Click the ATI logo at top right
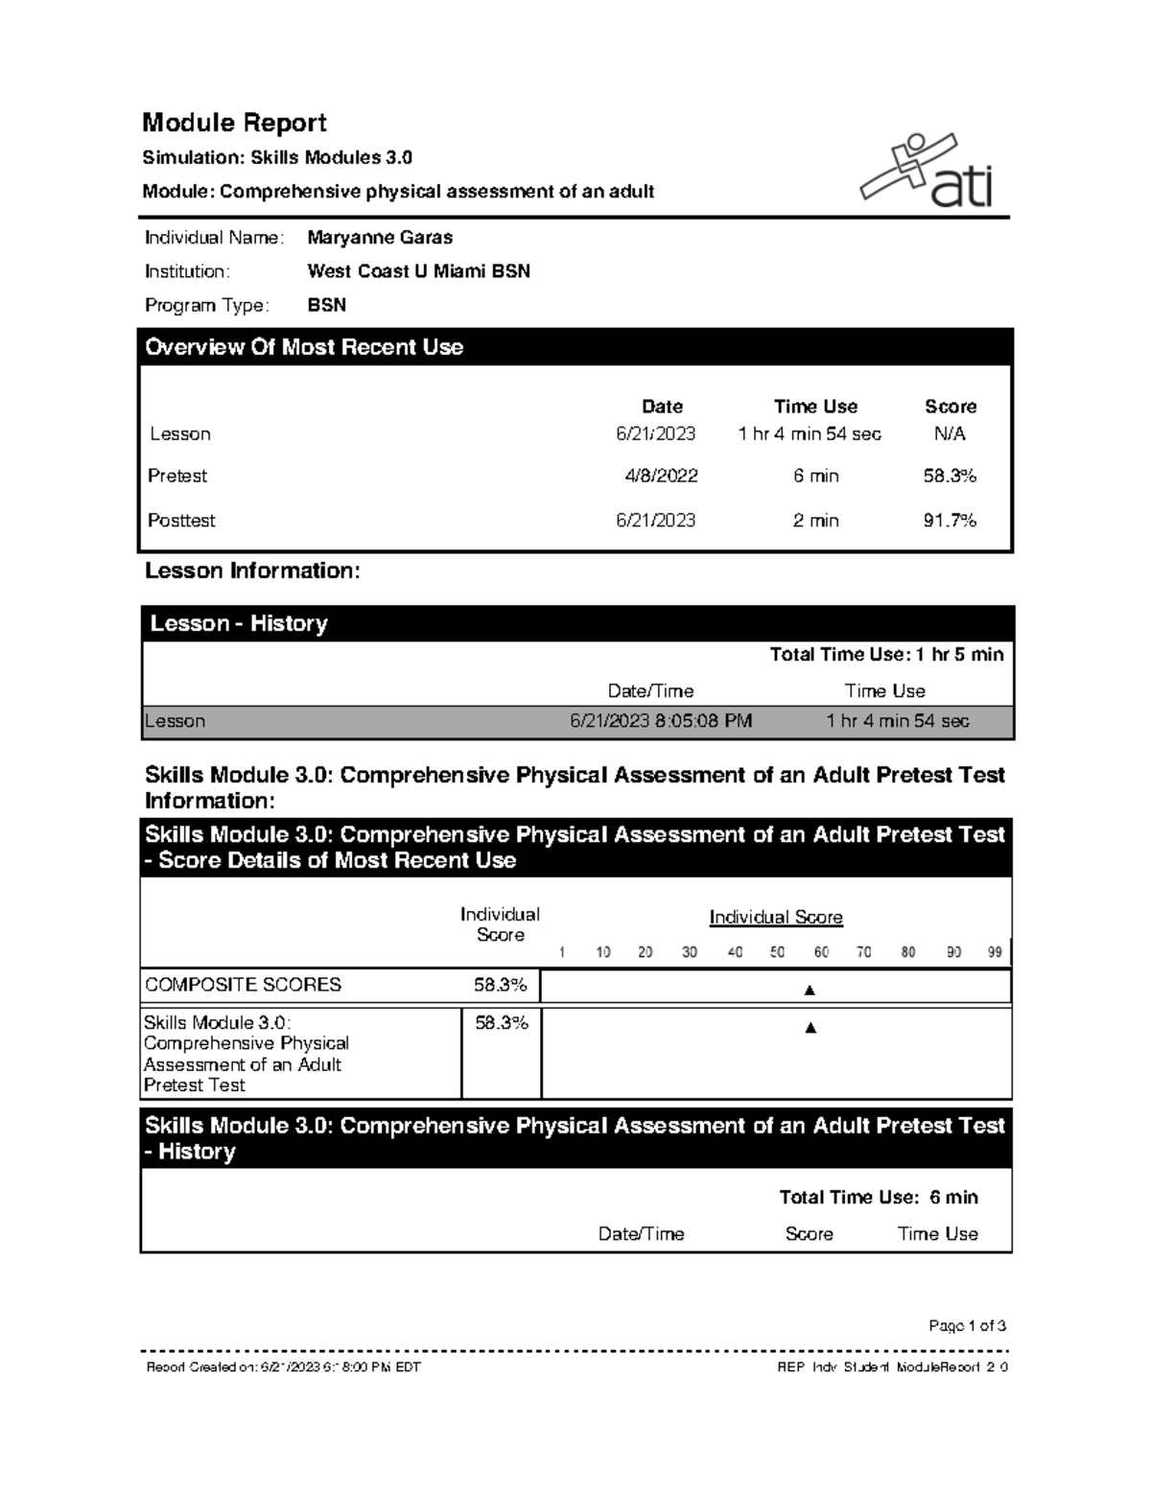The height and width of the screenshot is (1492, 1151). coord(927,173)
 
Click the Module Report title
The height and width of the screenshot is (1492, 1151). coord(234,123)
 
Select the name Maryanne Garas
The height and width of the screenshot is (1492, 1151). coord(380,237)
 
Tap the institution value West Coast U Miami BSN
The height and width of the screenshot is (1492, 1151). coord(418,271)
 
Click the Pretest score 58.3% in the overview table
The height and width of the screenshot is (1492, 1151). coord(950,476)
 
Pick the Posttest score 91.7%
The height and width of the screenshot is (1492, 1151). coord(950,521)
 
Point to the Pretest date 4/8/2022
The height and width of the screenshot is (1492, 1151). coord(661,476)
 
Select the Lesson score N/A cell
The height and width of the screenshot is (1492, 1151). coord(950,433)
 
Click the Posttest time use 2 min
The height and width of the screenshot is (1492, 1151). coord(815,521)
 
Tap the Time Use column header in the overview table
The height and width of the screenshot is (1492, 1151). coord(815,407)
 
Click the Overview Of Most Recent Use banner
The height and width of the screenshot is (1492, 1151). coord(575,347)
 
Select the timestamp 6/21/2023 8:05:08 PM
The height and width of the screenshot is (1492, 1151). coord(661,721)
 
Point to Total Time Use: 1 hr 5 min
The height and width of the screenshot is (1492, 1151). coord(886,655)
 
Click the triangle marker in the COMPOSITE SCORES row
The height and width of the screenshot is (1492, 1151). coord(810,990)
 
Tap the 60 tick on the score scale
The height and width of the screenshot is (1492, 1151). coord(821,952)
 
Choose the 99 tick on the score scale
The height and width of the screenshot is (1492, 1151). coord(995,952)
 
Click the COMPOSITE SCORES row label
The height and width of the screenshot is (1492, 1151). coord(243,985)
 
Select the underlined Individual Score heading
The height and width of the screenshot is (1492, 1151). coord(775,918)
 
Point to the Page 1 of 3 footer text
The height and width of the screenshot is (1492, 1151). coord(967,1326)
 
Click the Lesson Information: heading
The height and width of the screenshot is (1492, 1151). coord(252,571)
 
